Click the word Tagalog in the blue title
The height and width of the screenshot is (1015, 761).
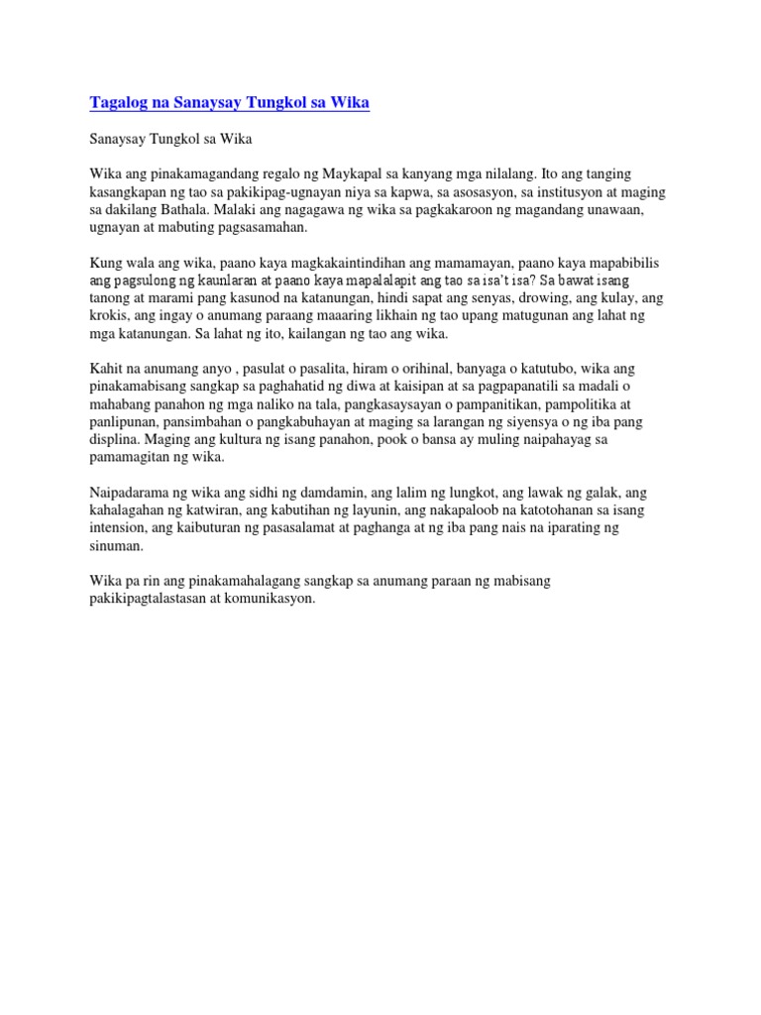118,103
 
